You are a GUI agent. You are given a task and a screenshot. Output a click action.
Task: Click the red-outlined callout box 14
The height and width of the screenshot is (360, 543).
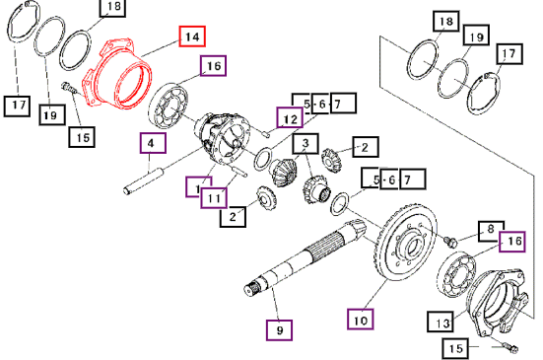192,36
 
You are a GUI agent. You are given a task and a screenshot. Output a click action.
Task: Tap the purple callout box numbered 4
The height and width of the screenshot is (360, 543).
153,143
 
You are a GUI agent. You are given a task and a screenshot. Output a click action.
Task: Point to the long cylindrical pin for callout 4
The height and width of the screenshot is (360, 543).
144,180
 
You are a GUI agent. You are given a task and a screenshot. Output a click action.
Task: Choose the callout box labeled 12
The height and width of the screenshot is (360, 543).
290,117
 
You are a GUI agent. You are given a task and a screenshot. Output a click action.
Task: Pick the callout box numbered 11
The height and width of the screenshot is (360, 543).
214,198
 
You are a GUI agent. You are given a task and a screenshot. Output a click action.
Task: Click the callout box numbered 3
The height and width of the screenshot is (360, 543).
305,143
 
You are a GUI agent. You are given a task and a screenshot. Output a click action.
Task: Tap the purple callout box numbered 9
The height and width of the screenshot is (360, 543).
280,330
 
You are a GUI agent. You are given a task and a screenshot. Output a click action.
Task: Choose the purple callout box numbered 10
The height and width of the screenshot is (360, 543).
361,319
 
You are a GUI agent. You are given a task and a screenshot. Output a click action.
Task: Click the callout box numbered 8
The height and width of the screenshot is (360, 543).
491,231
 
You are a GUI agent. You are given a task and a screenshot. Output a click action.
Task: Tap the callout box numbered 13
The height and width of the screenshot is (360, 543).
441,323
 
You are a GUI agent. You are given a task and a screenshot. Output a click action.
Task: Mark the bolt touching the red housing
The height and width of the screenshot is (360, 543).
69,88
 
